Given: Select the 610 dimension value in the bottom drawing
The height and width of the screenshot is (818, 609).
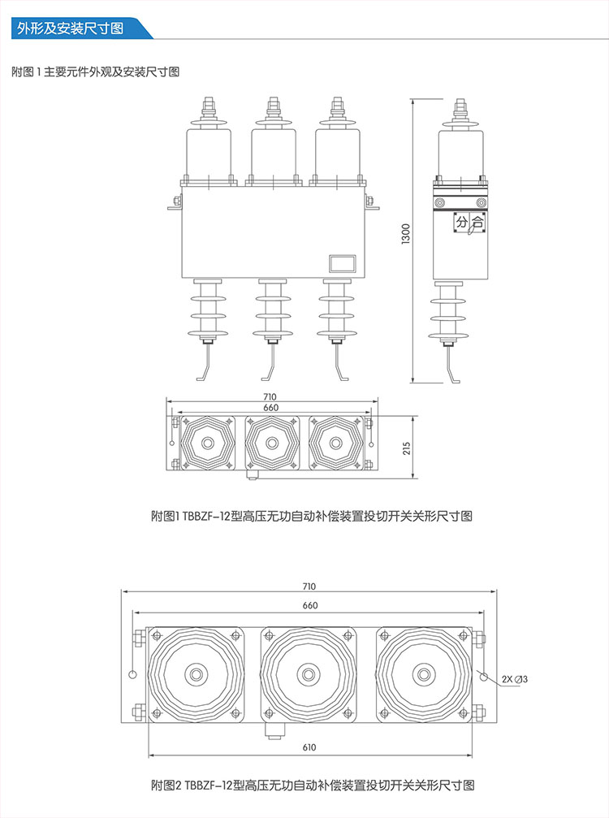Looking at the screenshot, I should [309, 747].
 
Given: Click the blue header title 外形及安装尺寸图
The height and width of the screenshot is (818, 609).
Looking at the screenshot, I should [71, 28].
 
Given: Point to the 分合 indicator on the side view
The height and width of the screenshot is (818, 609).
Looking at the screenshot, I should [469, 221].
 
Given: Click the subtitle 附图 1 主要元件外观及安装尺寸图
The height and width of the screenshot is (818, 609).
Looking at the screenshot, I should [96, 71].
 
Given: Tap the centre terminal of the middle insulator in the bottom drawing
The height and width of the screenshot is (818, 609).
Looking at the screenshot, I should [308, 674].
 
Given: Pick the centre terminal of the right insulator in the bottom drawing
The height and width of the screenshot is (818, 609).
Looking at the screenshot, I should [422, 674].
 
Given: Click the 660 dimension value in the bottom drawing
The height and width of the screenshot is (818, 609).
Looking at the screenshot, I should [309, 605].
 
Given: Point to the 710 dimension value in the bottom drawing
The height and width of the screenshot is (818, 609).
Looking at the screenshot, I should [309, 586].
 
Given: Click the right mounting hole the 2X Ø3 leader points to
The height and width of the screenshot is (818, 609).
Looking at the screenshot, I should [483, 675].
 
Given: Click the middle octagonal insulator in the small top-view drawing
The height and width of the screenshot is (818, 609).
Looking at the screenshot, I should [271, 444].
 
